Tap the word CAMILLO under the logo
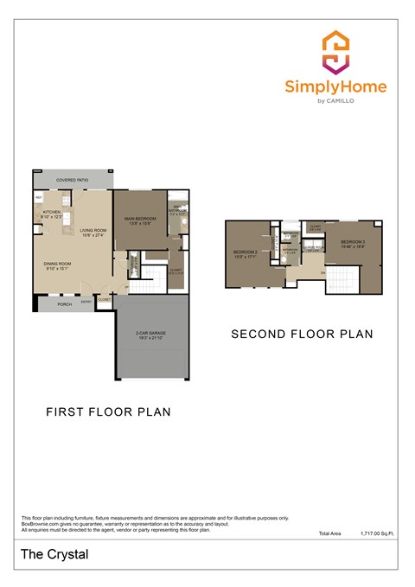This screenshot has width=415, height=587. click(x=345, y=101)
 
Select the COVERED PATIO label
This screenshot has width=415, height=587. click(x=73, y=180)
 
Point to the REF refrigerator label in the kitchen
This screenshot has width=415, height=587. click(x=39, y=198)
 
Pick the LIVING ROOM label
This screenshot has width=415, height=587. click(x=93, y=230)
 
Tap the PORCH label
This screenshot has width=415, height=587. click(x=64, y=303)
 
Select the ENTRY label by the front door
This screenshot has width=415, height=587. click(x=86, y=303)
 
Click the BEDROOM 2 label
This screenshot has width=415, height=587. click(x=246, y=252)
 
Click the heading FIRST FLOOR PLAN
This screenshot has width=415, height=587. click(x=108, y=412)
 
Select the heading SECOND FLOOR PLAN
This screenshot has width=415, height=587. click(x=301, y=333)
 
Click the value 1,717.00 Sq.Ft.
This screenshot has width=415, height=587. click(x=377, y=534)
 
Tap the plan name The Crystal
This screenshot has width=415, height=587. click(x=54, y=555)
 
